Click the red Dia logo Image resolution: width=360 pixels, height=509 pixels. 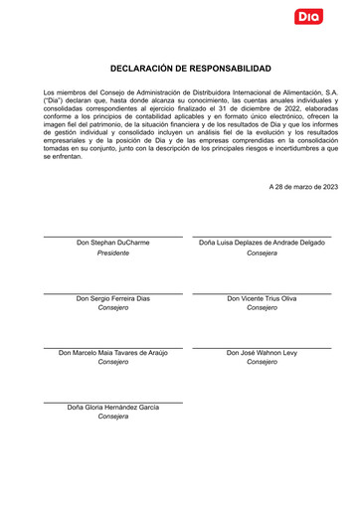click(x=308, y=16)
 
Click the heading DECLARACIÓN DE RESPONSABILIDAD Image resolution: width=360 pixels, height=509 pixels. click(x=190, y=69)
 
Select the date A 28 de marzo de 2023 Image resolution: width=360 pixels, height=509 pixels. click(x=303, y=186)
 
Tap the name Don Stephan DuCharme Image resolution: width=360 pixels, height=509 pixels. click(x=113, y=243)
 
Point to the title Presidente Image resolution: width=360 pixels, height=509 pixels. click(x=113, y=254)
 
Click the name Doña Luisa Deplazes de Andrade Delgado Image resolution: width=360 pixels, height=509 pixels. click(x=262, y=243)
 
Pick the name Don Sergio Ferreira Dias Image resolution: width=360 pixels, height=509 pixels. click(x=113, y=298)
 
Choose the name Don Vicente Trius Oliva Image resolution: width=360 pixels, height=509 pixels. click(x=262, y=298)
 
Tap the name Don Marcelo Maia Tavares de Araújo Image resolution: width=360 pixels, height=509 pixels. click(x=113, y=353)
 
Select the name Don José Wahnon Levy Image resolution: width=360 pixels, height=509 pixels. click(x=262, y=353)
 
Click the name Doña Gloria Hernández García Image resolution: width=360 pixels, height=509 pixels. click(x=113, y=408)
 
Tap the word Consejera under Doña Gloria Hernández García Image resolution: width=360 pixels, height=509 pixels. click(x=113, y=417)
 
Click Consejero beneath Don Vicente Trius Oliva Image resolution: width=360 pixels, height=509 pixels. click(x=262, y=308)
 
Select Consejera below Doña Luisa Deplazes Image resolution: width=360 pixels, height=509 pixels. click(x=262, y=254)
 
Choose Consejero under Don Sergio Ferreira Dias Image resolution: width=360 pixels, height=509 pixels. click(x=113, y=308)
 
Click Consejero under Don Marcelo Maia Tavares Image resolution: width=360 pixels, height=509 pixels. click(x=113, y=363)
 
